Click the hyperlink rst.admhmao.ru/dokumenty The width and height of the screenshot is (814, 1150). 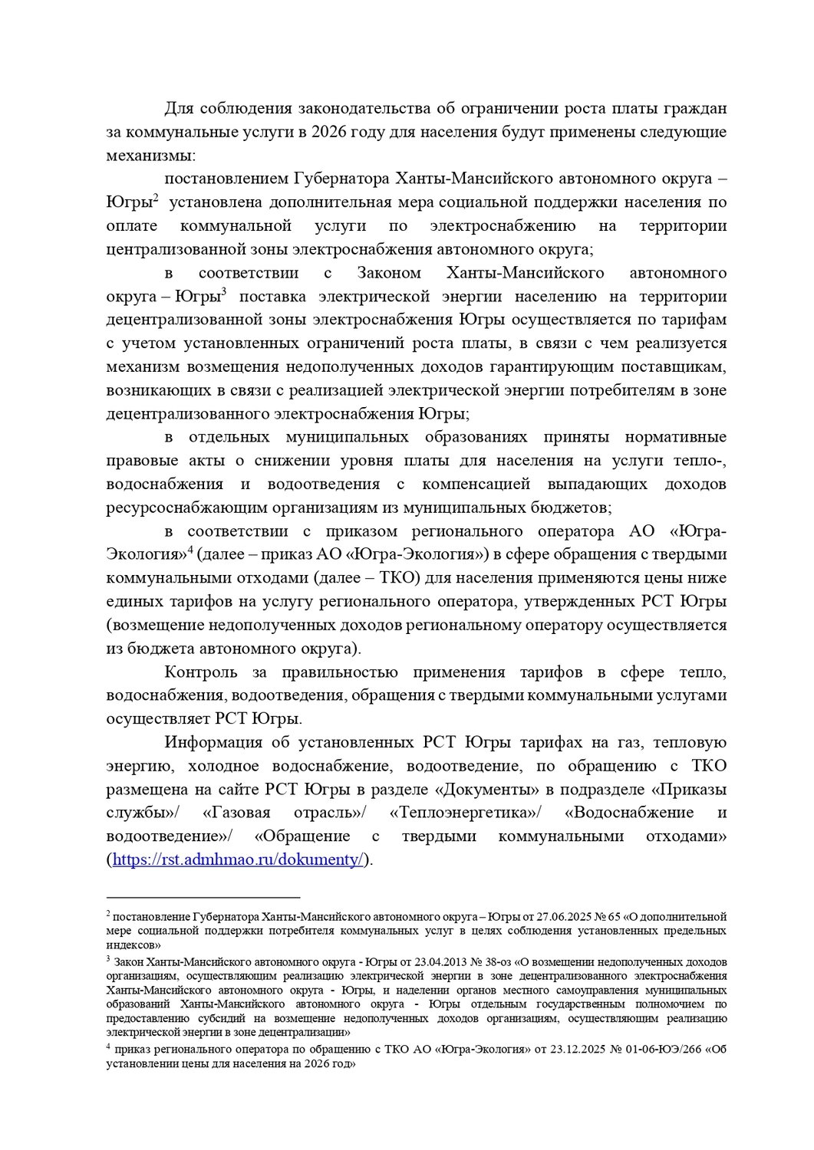238,859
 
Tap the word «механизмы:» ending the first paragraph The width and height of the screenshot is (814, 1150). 151,156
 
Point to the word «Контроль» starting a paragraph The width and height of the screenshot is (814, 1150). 201,672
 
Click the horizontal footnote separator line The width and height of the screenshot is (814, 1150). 203,897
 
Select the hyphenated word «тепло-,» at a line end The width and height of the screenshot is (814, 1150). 700,461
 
